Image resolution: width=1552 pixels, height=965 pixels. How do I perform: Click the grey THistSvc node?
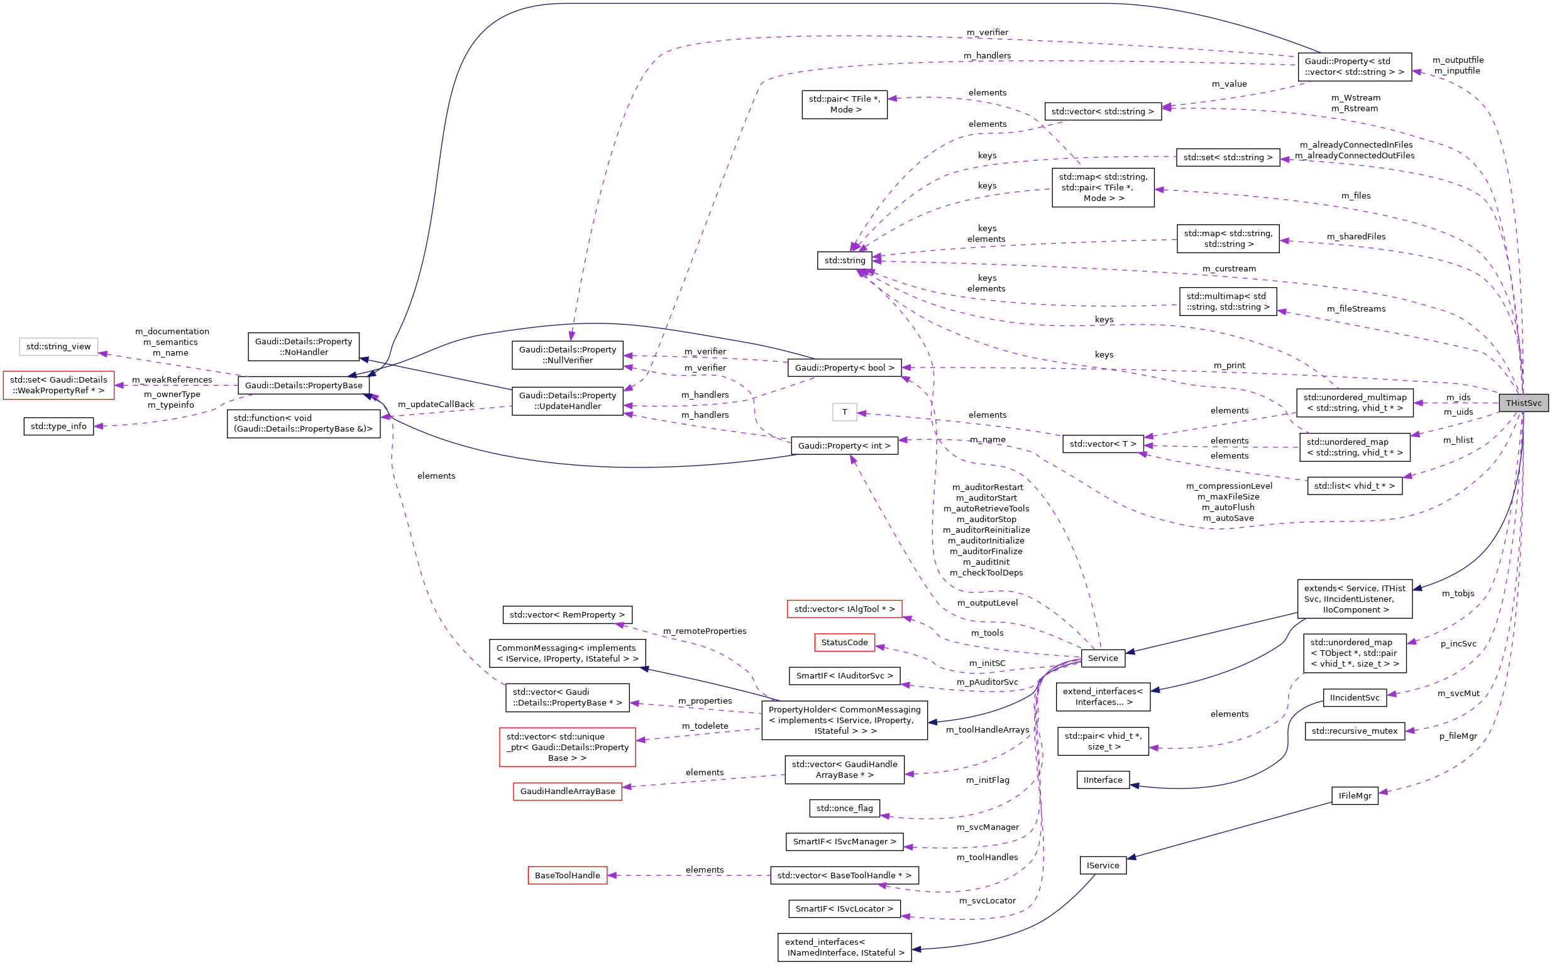click(1522, 403)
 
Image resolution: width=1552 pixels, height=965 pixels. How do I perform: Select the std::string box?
click(844, 260)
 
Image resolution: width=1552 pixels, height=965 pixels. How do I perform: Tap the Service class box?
click(1103, 658)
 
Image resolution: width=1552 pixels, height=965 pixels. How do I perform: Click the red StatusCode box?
click(844, 642)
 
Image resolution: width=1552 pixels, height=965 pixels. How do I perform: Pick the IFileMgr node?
click(1354, 796)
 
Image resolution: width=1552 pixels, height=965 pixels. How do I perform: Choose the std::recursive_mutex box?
click(1354, 731)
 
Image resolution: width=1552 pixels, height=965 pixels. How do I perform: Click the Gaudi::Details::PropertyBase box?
click(303, 386)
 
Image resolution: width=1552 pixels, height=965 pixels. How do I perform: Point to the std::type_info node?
click(58, 427)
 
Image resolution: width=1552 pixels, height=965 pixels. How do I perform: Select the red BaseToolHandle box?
click(567, 876)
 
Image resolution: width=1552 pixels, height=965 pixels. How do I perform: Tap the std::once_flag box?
click(844, 808)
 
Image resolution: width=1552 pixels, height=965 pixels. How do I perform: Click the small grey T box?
click(844, 412)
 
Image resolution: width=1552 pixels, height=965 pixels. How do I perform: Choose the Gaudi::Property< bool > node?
click(844, 368)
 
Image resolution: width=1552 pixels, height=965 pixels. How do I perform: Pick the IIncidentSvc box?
click(1354, 697)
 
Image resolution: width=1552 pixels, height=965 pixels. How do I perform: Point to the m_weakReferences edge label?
click(172, 379)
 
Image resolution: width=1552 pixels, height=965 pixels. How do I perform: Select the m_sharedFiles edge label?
click(1355, 237)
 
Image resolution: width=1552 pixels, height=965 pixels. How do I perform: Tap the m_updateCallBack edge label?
click(436, 405)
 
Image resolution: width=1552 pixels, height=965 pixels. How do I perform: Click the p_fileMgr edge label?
click(1458, 736)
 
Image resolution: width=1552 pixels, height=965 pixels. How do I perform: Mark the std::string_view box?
click(58, 347)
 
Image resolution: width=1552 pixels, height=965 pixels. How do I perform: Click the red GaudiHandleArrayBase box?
click(567, 792)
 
